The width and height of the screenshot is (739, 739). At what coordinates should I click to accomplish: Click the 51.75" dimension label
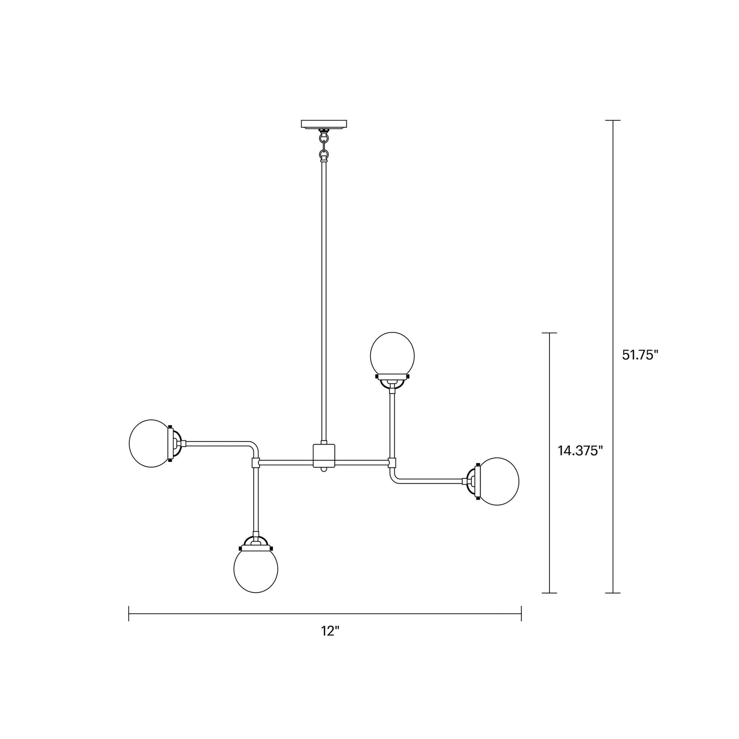tap(640, 355)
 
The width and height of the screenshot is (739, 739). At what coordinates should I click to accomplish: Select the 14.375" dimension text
tap(580, 451)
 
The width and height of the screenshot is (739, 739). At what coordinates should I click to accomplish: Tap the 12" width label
tap(330, 631)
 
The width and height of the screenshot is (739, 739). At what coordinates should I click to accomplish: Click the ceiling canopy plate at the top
tap(324, 124)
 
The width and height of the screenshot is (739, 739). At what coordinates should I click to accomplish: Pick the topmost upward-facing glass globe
tap(392, 354)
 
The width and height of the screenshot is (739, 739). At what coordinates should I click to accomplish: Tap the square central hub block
tap(324, 456)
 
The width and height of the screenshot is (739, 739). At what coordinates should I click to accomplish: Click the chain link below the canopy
tap(324, 145)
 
